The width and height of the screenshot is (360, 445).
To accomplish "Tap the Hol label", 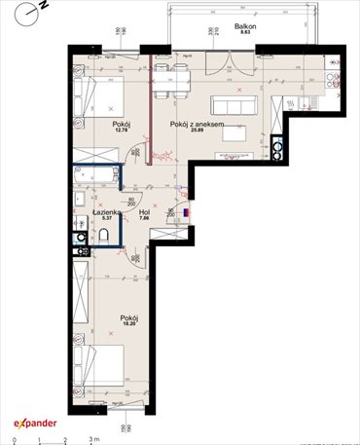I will pos(143,212).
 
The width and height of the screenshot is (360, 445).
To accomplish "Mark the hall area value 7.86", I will pos(143,220).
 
